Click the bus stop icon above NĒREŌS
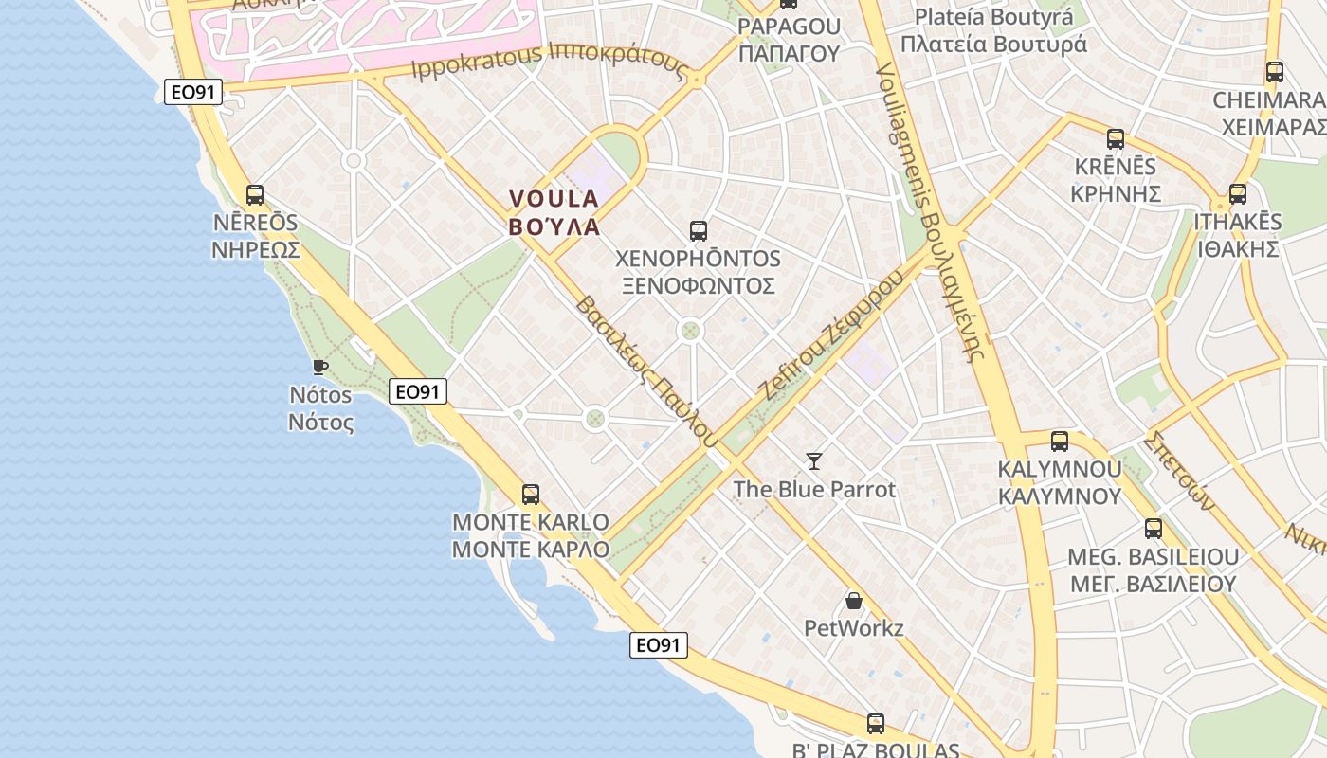pyautogui.click(x=255, y=195)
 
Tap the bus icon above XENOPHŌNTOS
pyautogui.click(x=699, y=230)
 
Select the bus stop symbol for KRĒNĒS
pyautogui.click(x=1116, y=139)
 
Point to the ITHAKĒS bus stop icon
pyautogui.click(x=1237, y=194)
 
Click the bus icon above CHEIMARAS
pyautogui.click(x=1275, y=72)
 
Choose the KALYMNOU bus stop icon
pyautogui.click(x=1060, y=441)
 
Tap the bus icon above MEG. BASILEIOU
pyautogui.click(x=1154, y=529)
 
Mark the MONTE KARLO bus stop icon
pyautogui.click(x=531, y=494)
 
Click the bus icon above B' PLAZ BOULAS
pyautogui.click(x=876, y=724)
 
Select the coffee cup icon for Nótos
pyautogui.click(x=320, y=367)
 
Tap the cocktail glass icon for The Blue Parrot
pyautogui.click(x=814, y=461)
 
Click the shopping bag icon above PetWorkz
pyautogui.click(x=854, y=600)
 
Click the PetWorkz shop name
pyautogui.click(x=853, y=627)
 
